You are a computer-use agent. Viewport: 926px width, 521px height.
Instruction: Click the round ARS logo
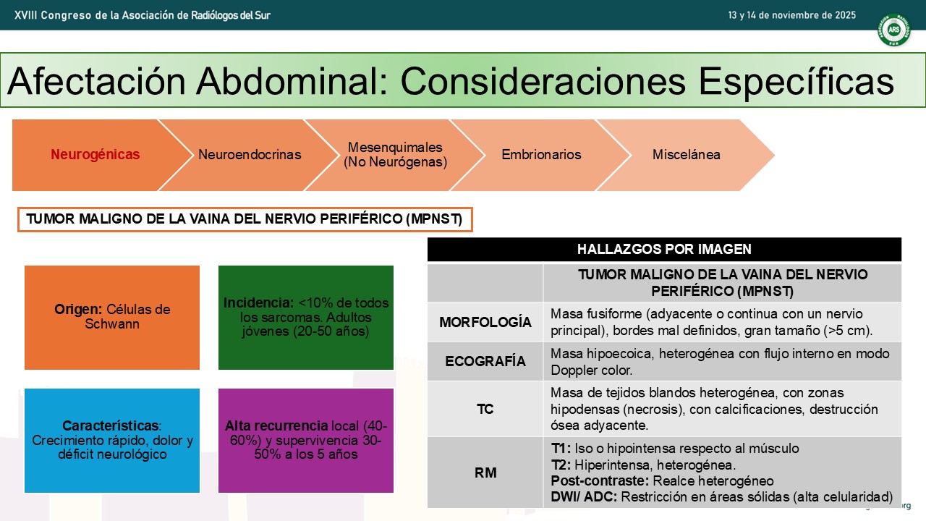pyautogui.click(x=893, y=30)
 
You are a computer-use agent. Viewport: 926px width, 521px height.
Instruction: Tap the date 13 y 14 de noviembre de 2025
pyautogui.click(x=791, y=15)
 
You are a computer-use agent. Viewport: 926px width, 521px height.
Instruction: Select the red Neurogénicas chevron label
pyautogui.click(x=95, y=154)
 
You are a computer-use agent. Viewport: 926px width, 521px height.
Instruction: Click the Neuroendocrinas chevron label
pyautogui.click(x=250, y=154)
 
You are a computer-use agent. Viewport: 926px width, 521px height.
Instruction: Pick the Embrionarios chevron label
pyautogui.click(x=541, y=154)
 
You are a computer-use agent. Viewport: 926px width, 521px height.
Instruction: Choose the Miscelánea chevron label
pyautogui.click(x=687, y=154)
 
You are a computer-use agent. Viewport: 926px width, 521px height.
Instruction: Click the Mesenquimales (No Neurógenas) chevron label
pyautogui.click(x=395, y=154)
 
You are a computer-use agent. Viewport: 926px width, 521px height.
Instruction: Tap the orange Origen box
pyautogui.click(x=112, y=318)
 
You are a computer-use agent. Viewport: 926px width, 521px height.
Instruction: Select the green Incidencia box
pyautogui.click(x=306, y=318)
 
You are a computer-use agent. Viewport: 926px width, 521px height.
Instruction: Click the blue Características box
pyautogui.click(x=112, y=441)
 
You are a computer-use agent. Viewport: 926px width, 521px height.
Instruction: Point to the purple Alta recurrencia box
pyautogui.click(x=306, y=441)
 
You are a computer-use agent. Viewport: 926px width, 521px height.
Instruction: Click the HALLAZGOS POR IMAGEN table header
pyautogui.click(x=664, y=250)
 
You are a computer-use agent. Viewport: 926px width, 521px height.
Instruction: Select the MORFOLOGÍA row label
pyautogui.click(x=485, y=322)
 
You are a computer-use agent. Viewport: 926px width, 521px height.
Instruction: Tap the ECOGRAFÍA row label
pyautogui.click(x=485, y=361)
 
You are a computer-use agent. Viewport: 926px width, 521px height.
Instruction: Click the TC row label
pyautogui.click(x=485, y=410)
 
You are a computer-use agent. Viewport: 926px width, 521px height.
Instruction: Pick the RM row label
pyautogui.click(x=485, y=473)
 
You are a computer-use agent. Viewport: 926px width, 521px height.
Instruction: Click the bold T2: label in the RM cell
pyautogui.click(x=561, y=465)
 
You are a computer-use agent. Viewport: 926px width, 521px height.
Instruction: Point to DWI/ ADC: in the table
pyautogui.click(x=584, y=496)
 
